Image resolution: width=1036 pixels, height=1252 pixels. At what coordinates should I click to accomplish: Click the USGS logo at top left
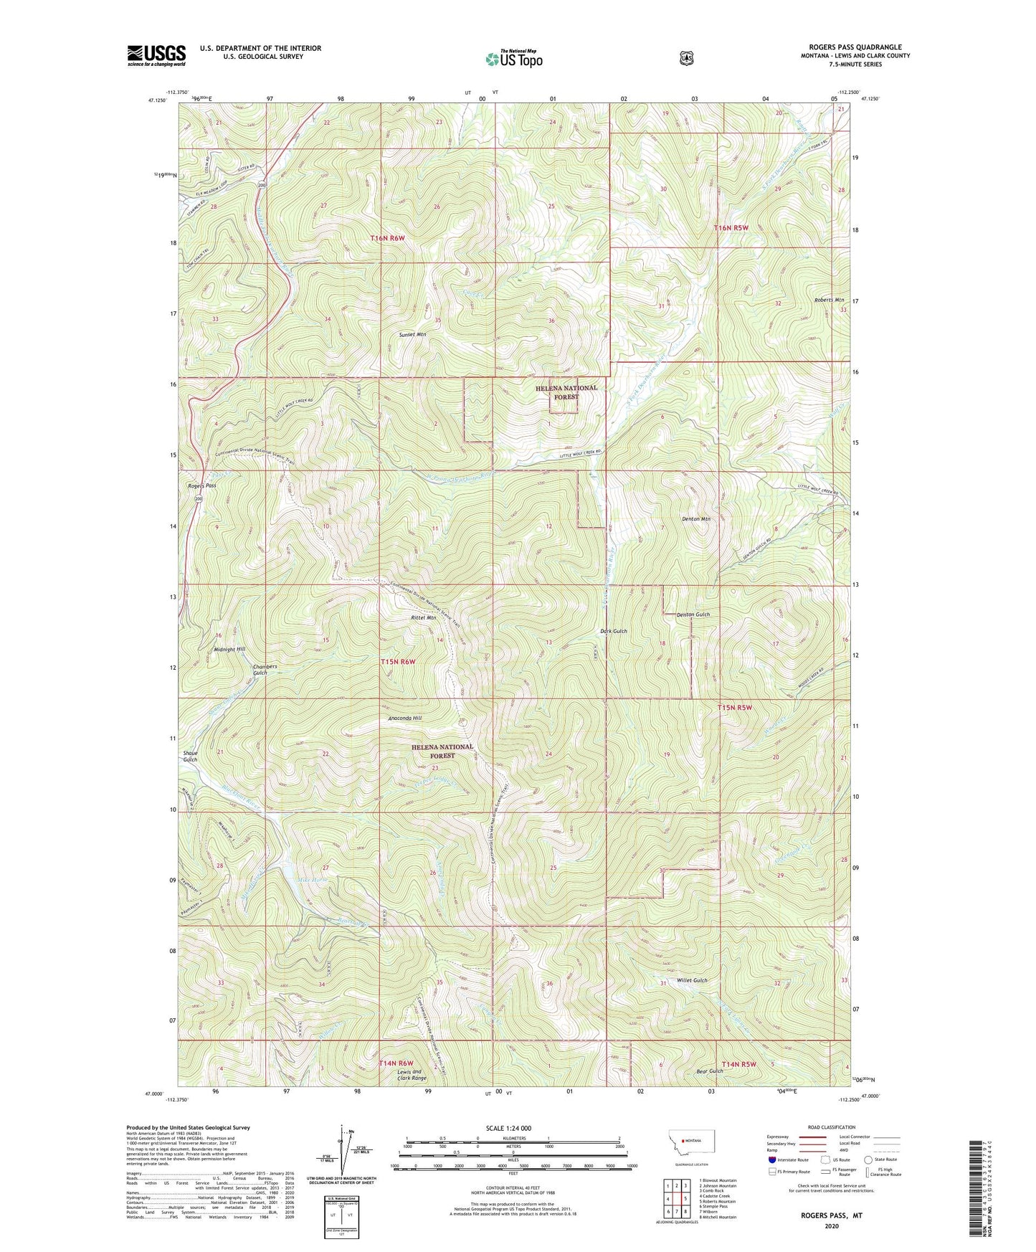pos(156,55)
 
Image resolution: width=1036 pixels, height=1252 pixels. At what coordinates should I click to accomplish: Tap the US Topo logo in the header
pos(513,58)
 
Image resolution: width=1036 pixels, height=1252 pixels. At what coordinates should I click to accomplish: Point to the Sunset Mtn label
pos(413,334)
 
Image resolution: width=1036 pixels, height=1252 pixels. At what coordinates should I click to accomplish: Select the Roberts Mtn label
pos(829,300)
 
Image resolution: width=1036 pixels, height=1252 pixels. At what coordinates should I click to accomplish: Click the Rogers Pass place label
pos(201,485)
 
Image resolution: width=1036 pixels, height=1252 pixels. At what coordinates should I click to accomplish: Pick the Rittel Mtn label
pos(423,617)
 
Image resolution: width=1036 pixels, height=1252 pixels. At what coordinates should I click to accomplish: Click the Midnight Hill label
pos(229,649)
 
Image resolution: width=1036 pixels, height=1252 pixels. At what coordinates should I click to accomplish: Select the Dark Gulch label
pos(614,631)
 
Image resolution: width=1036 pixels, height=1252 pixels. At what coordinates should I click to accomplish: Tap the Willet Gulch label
pos(691,980)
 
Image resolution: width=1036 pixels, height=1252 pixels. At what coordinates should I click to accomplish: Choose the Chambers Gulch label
pos(265,670)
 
